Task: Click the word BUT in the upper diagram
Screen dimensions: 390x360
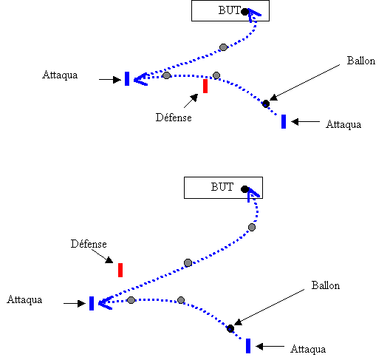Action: tap(229, 10)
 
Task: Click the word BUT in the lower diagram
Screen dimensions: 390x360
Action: tap(222, 187)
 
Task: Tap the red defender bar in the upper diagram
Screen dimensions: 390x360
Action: tap(205, 86)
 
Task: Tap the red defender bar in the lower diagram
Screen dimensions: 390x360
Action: tap(120, 270)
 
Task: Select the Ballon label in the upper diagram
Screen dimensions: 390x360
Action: tap(361, 61)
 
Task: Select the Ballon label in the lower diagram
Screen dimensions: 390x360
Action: tap(326, 285)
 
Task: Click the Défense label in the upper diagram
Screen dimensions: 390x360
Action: tap(174, 118)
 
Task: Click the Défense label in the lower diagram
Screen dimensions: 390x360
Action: tap(89, 244)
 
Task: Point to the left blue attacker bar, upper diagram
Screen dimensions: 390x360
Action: tap(127, 78)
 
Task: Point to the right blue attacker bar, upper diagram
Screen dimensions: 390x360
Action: tap(284, 121)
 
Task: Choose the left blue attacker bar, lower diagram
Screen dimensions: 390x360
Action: tap(92, 303)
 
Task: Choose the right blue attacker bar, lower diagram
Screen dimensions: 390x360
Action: tap(248, 346)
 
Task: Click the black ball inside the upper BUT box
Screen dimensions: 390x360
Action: tap(245, 12)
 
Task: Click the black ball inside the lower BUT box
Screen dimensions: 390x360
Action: tap(244, 189)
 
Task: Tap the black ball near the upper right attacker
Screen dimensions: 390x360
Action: tap(266, 103)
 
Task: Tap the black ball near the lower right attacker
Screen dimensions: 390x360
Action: tap(230, 329)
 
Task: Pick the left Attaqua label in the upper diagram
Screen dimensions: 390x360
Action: tap(60, 75)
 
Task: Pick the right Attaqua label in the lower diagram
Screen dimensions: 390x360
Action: tap(308, 350)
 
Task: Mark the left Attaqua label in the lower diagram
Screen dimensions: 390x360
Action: tap(24, 299)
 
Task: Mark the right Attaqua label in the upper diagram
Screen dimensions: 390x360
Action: tap(343, 124)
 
